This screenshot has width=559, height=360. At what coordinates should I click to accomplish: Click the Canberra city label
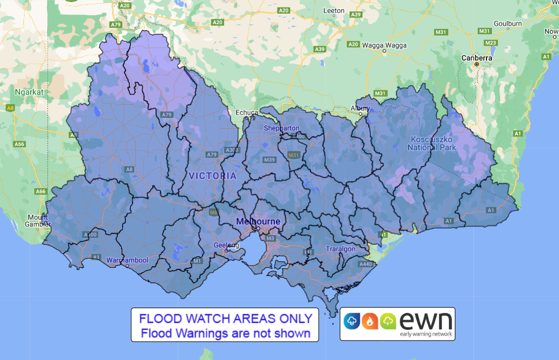click(477, 57)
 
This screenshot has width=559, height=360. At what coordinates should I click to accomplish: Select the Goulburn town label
click(507, 23)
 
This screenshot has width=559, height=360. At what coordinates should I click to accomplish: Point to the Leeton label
click(334, 10)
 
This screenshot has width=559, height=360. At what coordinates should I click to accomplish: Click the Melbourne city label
click(259, 221)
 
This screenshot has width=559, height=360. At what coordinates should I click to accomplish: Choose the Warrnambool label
click(128, 260)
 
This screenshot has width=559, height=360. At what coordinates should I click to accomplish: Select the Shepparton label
click(282, 128)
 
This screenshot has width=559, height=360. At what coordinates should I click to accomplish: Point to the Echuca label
click(247, 112)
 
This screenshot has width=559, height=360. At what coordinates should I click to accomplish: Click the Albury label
click(360, 108)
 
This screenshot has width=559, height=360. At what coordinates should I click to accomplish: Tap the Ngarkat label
click(26, 92)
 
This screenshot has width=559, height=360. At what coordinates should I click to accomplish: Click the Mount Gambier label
click(39, 221)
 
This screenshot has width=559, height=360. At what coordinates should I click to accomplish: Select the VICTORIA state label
click(212, 176)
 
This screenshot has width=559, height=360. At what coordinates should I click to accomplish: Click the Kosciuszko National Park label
click(432, 143)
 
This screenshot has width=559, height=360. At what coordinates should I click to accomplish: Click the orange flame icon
click(370, 321)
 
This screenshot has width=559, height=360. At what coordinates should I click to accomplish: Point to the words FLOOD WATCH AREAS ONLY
click(225, 318)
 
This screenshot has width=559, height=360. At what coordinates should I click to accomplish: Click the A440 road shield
click(365, 264)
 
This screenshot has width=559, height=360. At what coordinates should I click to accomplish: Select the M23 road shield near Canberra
click(491, 43)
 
